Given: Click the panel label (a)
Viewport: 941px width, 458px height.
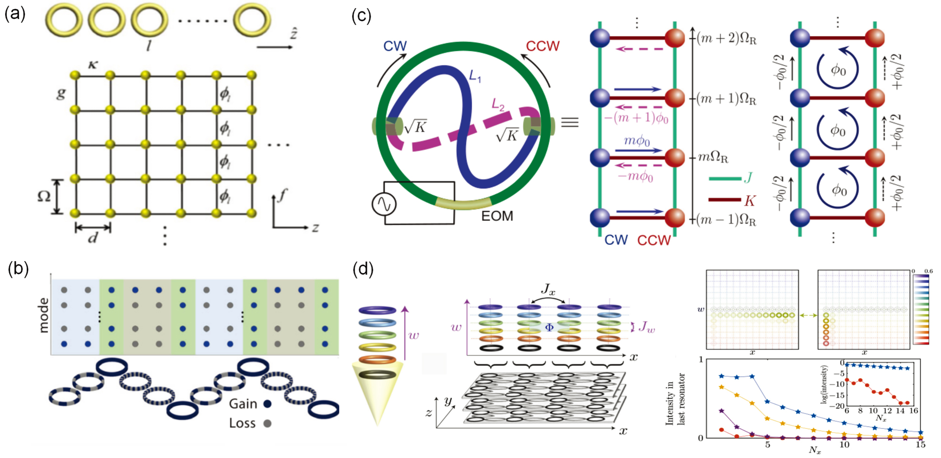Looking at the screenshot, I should [14, 14].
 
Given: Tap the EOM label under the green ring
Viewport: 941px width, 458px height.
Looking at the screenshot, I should [497, 216].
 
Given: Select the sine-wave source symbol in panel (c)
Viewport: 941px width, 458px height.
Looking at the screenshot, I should [384, 204].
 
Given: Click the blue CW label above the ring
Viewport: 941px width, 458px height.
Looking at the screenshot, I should [395, 46].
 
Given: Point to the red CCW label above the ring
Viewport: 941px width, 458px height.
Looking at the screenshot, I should [542, 46].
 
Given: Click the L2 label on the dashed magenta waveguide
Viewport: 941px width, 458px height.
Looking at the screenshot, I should [498, 105].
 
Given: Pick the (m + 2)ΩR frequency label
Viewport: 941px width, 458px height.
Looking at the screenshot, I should [726, 38].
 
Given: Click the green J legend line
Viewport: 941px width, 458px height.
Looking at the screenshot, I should [724, 179].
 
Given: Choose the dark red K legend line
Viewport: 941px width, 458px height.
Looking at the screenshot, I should [724, 200].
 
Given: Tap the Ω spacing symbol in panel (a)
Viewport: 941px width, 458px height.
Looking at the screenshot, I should [44, 196].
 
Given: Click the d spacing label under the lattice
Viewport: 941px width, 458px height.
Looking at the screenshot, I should [93, 237].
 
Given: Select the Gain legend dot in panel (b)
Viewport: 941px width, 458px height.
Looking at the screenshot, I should [267, 404].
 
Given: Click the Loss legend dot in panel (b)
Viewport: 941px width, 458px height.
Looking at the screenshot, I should [267, 423].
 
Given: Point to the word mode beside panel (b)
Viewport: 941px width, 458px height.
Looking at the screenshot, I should [44, 315].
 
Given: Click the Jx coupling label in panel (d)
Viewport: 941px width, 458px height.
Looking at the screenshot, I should [548, 289].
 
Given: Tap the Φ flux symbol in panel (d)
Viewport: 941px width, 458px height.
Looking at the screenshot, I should [549, 328].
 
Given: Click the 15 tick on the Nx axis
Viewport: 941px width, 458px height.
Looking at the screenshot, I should [920, 445].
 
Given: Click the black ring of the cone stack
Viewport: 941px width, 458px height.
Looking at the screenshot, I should [377, 375].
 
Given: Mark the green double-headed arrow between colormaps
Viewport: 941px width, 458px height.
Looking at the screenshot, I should [808, 315].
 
